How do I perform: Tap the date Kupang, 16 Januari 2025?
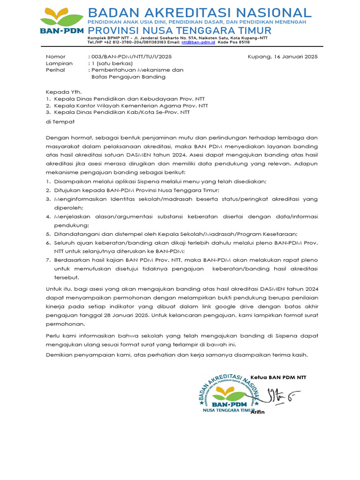click(x=282, y=57)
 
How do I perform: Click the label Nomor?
click(x=55, y=57)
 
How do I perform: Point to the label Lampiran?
click(x=59, y=63)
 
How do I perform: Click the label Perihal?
click(x=55, y=70)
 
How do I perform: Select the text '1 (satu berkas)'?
click(x=112, y=63)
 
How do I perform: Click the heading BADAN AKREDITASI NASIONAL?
click(x=199, y=13)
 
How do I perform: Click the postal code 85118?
click(x=244, y=42)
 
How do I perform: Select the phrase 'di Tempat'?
click(x=60, y=121)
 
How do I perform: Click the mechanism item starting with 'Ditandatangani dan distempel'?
click(x=176, y=234)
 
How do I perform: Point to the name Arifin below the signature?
click(x=257, y=412)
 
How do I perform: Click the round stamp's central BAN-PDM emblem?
click(x=229, y=397)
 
